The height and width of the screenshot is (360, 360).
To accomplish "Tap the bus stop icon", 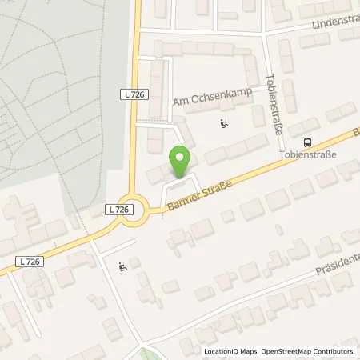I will [x=308, y=139].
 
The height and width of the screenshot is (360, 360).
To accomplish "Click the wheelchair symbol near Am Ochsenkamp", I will [x=224, y=124].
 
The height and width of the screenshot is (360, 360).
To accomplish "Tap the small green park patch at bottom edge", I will [x=144, y=354].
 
